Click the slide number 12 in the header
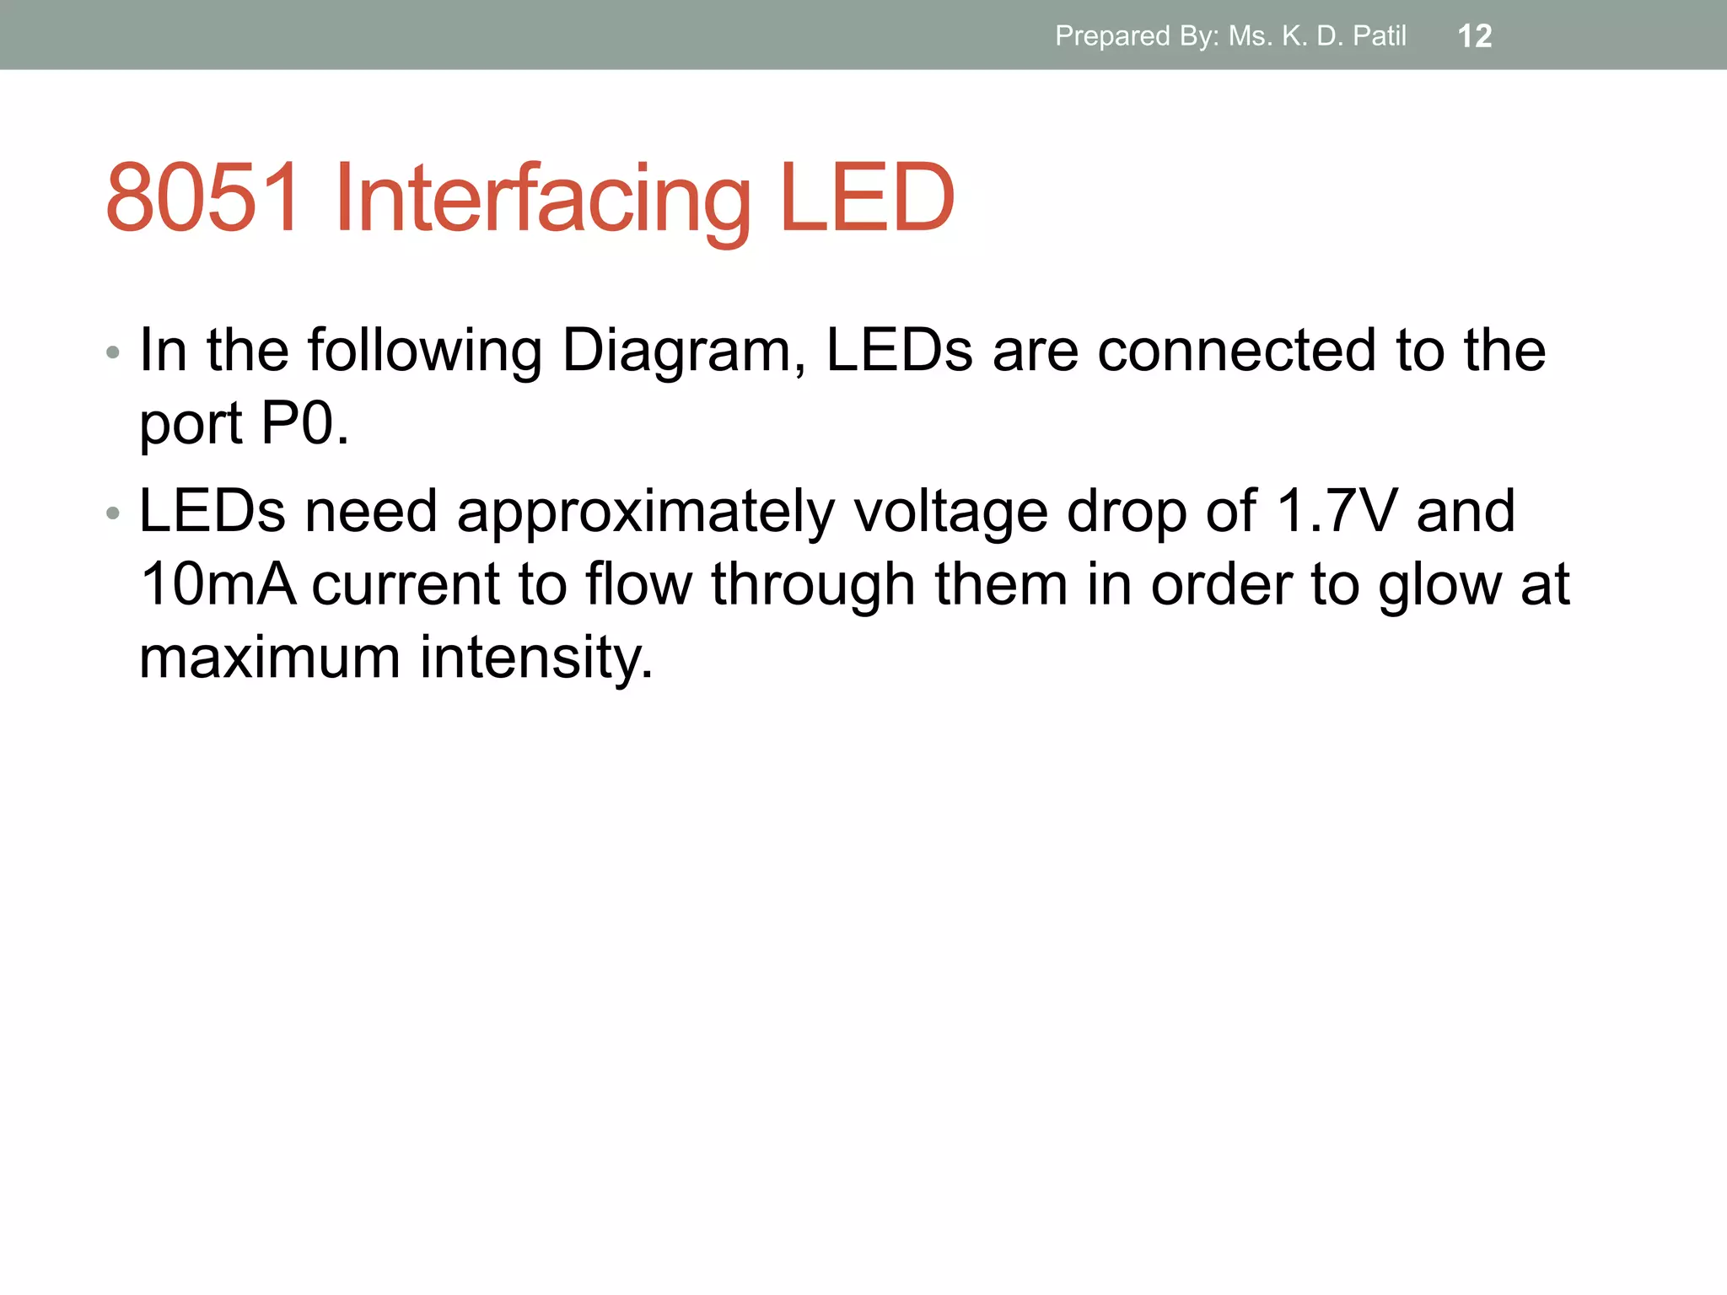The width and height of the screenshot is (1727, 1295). (1475, 36)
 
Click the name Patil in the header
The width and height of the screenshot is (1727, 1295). (1380, 36)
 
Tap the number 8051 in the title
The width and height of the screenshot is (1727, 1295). (202, 198)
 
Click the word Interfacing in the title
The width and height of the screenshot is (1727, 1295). (542, 198)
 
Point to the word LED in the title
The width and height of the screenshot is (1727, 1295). (868, 198)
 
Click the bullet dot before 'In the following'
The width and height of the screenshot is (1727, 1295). (113, 352)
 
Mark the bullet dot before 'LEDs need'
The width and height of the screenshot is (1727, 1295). (113, 513)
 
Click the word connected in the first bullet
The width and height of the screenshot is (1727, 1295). (1236, 351)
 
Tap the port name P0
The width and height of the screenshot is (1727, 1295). (304, 423)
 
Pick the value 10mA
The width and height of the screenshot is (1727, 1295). (218, 585)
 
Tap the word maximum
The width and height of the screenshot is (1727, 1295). (269, 658)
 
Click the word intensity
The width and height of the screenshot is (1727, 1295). (536, 658)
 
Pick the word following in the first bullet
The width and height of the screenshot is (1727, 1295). (424, 351)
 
